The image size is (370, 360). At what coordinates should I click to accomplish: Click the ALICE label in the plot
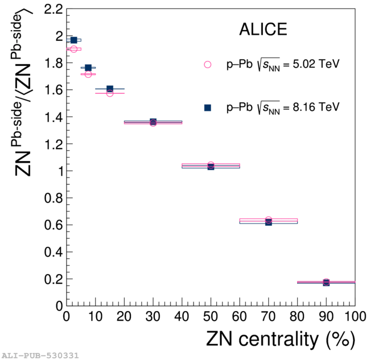click(262, 30)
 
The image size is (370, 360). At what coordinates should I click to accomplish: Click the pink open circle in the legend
click(208, 65)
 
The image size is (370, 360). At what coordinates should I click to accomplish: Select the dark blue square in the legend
click(208, 107)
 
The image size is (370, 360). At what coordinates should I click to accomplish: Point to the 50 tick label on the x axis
click(211, 316)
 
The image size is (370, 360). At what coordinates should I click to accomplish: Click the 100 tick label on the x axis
click(353, 316)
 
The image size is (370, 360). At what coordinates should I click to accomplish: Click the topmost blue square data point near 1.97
click(73, 40)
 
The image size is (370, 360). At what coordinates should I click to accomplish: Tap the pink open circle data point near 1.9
click(73, 49)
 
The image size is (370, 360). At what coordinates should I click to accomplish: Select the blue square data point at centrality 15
click(110, 89)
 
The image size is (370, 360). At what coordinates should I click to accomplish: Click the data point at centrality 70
click(268, 221)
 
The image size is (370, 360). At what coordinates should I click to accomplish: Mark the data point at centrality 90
click(326, 282)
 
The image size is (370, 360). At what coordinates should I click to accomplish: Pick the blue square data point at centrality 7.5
click(88, 68)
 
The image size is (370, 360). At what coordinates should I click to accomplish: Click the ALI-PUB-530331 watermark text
click(40, 355)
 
